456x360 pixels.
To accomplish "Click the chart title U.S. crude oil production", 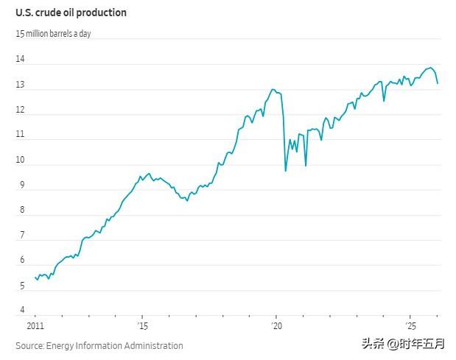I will pyautogui.click(x=71, y=13).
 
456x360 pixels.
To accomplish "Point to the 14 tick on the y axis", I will pyautogui.click(x=21, y=60).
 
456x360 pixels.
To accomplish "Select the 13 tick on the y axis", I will pyautogui.click(x=21, y=85).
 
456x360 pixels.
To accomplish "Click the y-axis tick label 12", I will pyautogui.click(x=21, y=110).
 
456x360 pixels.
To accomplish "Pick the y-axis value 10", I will pyautogui.click(x=21, y=160).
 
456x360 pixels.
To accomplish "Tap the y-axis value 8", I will pyautogui.click(x=21, y=210).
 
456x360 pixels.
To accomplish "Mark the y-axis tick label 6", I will pyautogui.click(x=21, y=260).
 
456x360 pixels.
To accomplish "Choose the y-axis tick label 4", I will pyautogui.click(x=21, y=310).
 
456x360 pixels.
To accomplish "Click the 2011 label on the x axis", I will pyautogui.click(x=35, y=325).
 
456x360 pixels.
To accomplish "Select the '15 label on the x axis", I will pyautogui.click(x=142, y=325).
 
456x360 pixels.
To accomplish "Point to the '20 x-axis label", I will pyautogui.click(x=276, y=325).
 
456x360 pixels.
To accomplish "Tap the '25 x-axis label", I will pyautogui.click(x=410, y=325).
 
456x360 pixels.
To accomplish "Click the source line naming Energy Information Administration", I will pyautogui.click(x=99, y=345).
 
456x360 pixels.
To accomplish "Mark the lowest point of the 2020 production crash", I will pyautogui.click(x=286, y=171).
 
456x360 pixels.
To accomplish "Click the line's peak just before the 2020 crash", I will pyautogui.click(x=273, y=90).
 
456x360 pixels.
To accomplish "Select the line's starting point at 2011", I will pyautogui.click(x=35, y=277).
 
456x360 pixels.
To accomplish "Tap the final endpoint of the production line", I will pyautogui.click(x=438, y=83).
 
